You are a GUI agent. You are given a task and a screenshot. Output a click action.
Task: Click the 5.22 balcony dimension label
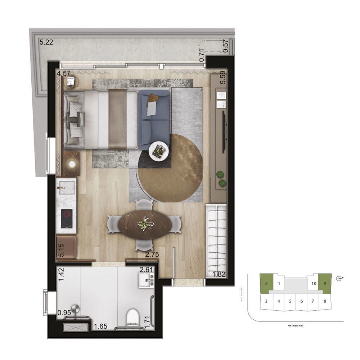[46, 42]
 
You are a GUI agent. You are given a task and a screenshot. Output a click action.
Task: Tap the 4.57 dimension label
[63, 73]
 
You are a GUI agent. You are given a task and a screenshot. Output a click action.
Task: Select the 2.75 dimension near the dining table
[152, 255]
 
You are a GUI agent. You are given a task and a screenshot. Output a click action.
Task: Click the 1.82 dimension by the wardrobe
[219, 275]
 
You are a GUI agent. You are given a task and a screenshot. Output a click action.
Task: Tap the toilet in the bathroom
[133, 316]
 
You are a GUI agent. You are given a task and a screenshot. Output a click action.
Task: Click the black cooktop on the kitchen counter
[66, 219]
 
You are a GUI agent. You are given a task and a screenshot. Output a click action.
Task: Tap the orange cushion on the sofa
[153, 98]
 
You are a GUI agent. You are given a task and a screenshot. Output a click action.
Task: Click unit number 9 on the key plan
[325, 283]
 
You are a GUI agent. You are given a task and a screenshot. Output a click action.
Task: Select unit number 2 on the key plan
[266, 283]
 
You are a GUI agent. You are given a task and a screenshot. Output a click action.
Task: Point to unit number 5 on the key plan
[290, 301]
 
